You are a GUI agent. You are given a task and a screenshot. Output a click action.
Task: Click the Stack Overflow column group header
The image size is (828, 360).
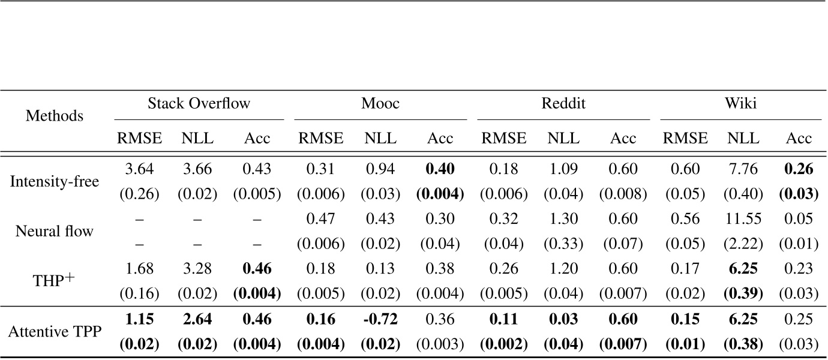[199, 104]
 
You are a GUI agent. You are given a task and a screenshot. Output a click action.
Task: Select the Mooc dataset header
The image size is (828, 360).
[380, 104]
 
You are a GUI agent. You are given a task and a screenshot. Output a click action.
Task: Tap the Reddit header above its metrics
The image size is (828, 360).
[563, 104]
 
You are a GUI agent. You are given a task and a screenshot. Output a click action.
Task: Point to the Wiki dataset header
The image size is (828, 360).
[740, 104]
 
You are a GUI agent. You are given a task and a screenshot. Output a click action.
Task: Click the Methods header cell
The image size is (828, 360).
[55, 115]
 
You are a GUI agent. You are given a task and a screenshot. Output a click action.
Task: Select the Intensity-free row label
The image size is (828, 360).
[55, 181]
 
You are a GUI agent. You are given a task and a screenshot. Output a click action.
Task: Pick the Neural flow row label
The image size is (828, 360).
[55, 230]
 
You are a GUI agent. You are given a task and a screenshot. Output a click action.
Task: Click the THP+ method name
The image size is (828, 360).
[55, 280]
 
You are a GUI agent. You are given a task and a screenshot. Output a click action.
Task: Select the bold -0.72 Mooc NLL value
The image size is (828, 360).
[380, 319]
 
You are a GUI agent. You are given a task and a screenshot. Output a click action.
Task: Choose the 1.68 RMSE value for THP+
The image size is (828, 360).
[139, 269]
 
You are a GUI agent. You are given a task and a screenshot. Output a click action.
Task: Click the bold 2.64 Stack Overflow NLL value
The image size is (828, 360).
[198, 319]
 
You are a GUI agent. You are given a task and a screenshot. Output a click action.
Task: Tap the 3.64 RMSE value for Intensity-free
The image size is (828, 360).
[139, 169]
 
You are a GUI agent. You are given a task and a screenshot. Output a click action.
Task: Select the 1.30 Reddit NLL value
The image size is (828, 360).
[563, 219]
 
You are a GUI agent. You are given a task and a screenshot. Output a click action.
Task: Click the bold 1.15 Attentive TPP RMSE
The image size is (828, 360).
[139, 319]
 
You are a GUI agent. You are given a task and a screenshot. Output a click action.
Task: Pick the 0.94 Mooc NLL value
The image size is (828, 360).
[380, 169]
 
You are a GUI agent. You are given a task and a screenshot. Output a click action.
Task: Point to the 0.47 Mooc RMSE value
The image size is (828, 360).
[321, 219]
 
